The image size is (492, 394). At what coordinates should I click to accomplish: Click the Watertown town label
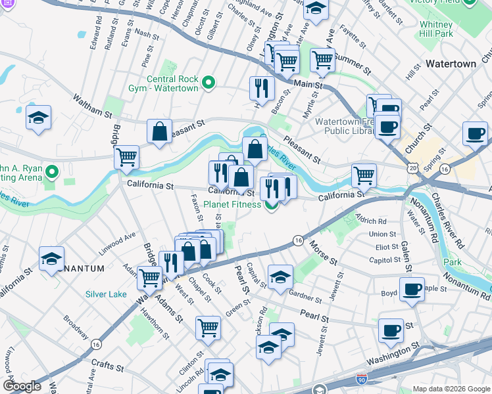451,64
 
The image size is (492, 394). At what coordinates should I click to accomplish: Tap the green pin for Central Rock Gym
209,82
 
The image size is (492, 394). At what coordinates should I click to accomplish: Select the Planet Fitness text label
232,204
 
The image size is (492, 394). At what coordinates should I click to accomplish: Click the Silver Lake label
106,294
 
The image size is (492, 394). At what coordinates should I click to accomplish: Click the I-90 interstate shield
361,380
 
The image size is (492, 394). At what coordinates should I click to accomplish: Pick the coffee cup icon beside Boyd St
412,289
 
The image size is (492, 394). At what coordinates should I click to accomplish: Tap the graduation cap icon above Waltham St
39,118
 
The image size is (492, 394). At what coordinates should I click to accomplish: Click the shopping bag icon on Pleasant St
160,131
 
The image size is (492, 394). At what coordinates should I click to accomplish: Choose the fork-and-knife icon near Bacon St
262,89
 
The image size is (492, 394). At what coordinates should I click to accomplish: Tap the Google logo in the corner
22,386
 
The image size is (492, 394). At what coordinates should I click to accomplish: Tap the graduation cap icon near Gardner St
280,275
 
